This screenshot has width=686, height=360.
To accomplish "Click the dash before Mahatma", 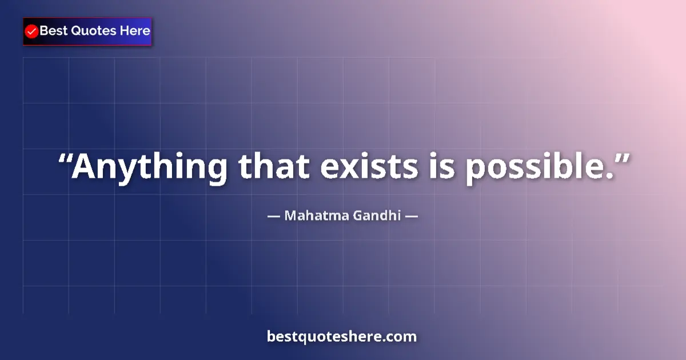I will pyautogui.click(x=274, y=217).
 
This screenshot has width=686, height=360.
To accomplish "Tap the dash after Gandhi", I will pyautogui.click(x=412, y=217).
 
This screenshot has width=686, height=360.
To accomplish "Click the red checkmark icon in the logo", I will pyautogui.click(x=32, y=31).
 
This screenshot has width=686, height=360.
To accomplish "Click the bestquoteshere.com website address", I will pyautogui.click(x=342, y=336).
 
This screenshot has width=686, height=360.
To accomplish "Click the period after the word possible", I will pyautogui.click(x=607, y=177).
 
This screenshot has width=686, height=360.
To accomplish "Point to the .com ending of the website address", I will pyautogui.click(x=402, y=337).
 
